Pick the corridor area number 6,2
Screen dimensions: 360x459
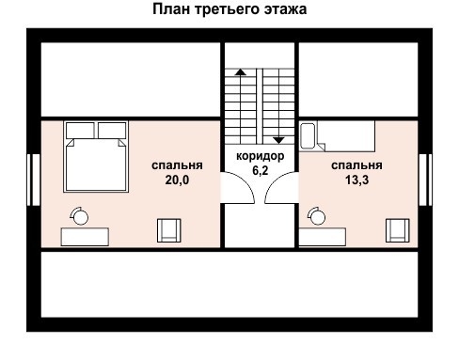pyautogui.click(x=259, y=172)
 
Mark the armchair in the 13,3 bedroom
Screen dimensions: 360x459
pyautogui.click(x=397, y=230)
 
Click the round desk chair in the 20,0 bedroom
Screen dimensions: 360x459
pyautogui.click(x=80, y=217)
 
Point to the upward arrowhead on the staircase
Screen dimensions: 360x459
pyautogui.click(x=241, y=71)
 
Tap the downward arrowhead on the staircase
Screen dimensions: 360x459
pyautogui.click(x=277, y=138)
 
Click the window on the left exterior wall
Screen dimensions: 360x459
pyautogui.click(x=33, y=179)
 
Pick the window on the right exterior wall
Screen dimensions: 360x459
pyautogui.click(x=424, y=179)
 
